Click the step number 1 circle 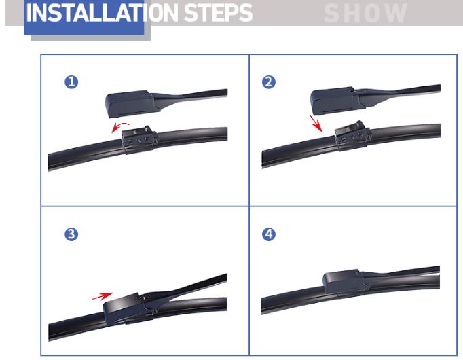[x=71, y=82]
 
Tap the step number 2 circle [x=269, y=82]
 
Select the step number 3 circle [x=71, y=234]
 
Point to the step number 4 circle [x=269, y=234]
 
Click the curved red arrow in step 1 [x=119, y=126]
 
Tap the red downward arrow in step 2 [x=316, y=124]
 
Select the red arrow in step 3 [x=103, y=296]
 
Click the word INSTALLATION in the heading [x=102, y=13]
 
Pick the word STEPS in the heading [x=218, y=13]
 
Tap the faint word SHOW [x=365, y=14]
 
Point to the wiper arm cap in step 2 [x=337, y=101]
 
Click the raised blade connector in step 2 [x=353, y=136]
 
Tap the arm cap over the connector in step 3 [x=127, y=308]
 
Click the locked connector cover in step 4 [x=345, y=282]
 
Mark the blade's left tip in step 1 [x=48, y=162]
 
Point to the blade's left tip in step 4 [x=262, y=306]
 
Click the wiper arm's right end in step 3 [x=226, y=278]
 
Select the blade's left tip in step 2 [x=262, y=160]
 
